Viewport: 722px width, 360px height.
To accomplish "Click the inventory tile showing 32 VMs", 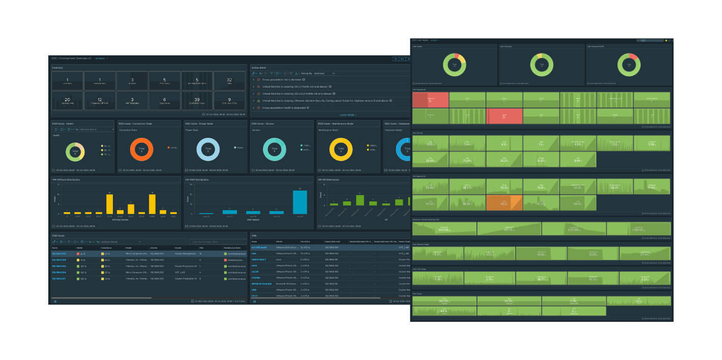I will pos(229,80).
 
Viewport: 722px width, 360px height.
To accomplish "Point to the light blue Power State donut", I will pos(208,150).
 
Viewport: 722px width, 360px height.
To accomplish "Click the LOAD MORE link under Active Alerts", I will pos(348,115).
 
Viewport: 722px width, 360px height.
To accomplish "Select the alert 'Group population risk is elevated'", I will pos(282,79).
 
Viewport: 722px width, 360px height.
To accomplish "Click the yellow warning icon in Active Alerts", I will pos(258,101).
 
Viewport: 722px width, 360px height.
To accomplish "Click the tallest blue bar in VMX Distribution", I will pos(300,202).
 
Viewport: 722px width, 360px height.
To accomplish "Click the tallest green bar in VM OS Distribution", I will pos(360,200).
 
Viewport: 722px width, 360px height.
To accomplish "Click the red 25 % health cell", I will pos(81,253).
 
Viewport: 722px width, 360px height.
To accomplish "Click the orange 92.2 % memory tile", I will pos(504,202).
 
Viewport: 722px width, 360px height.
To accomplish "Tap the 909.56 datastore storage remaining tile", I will pos(444,228).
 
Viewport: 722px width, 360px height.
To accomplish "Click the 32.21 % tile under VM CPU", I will pos(504,160).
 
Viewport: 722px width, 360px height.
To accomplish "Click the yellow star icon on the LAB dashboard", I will pos(666,40).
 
